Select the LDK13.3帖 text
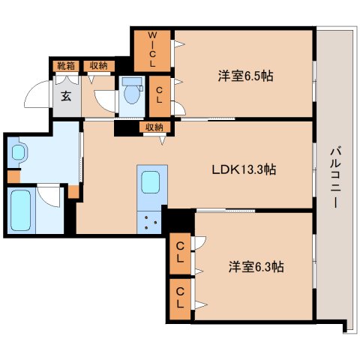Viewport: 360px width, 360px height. pos(244,169)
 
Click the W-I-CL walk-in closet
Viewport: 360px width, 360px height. pos(152,49)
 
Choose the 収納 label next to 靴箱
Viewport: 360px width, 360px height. pos(95,66)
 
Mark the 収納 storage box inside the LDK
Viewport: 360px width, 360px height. pos(155,127)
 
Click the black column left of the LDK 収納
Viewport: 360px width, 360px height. pos(124,128)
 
